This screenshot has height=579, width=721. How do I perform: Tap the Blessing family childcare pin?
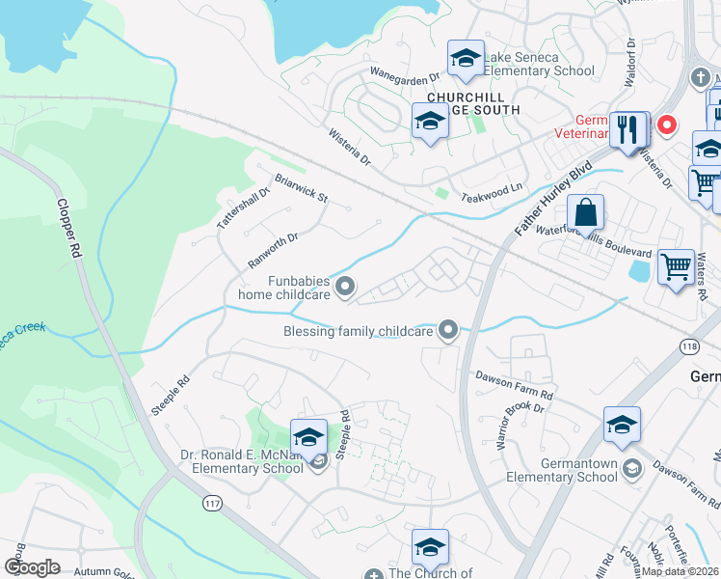(x=447, y=331)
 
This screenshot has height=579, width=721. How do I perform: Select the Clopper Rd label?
(x=68, y=228)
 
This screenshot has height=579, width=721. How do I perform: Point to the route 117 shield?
(x=213, y=503)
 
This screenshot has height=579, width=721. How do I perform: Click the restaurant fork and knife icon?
(x=628, y=129)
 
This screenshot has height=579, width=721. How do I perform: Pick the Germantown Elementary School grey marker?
(x=631, y=469)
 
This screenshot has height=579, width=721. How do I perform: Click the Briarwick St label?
(x=302, y=188)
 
